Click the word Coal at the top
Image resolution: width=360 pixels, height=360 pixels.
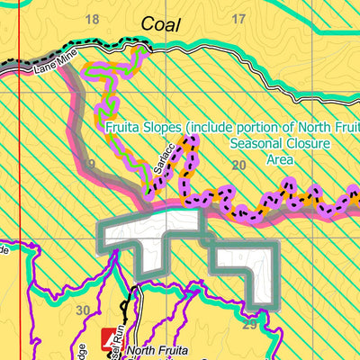pos(161,26)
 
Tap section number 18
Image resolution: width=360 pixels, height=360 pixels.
pos(92,19)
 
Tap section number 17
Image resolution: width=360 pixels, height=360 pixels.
pos(238,19)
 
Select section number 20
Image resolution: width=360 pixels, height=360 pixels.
pos(238,165)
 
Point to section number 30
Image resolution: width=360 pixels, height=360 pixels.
pos(84,310)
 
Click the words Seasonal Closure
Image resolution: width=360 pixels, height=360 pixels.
pos(280,144)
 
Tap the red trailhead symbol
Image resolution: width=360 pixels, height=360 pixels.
pos(114,337)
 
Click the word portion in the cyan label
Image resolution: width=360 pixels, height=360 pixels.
pos(256,127)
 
